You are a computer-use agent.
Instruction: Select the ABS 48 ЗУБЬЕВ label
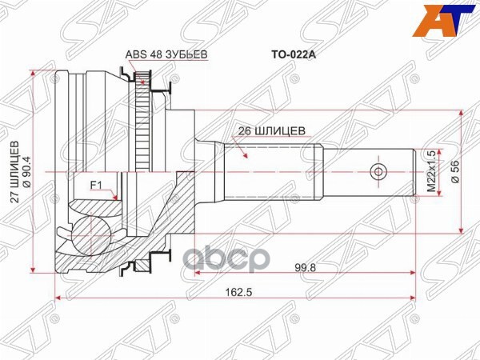[166, 54]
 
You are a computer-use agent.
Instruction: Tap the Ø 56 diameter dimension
[456, 173]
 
